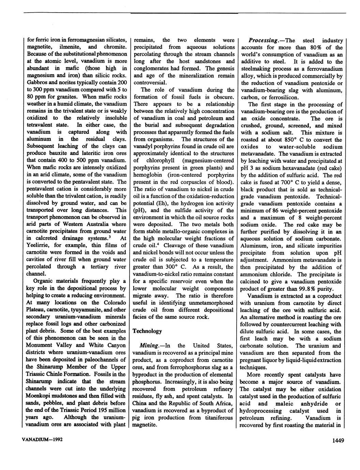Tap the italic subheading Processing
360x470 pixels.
pyautogui.click(x=262, y=41)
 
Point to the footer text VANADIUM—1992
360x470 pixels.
pyautogui.click(x=43, y=439)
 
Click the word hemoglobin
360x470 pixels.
pyautogui.click(x=148, y=175)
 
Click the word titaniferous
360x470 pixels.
pyautogui.click(x=217, y=418)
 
